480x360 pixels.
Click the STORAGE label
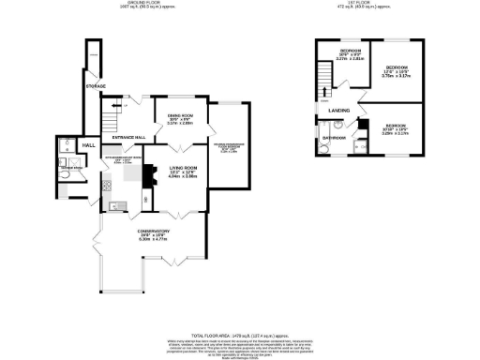point(95,86)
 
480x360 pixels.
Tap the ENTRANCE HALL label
point(128,138)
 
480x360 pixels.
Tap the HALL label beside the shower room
point(89,145)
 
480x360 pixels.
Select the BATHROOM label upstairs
point(336,138)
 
